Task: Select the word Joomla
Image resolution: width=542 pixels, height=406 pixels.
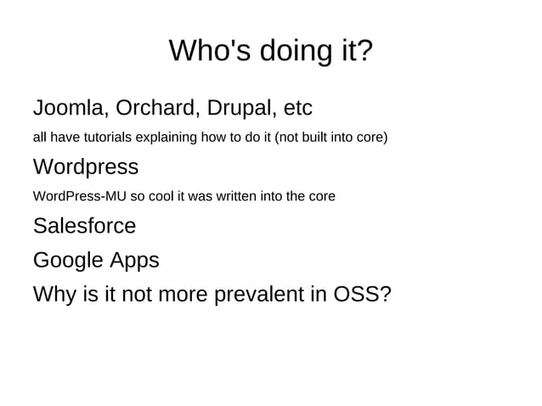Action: pos(69,110)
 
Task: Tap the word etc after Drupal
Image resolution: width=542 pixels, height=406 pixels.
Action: pos(298,110)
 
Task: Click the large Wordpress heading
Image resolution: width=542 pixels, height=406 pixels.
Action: pos(85,166)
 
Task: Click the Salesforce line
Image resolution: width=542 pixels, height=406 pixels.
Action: pos(84,226)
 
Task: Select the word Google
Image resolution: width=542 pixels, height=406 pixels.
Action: pos(68,260)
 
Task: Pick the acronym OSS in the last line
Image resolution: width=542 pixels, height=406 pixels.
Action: pos(362,295)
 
